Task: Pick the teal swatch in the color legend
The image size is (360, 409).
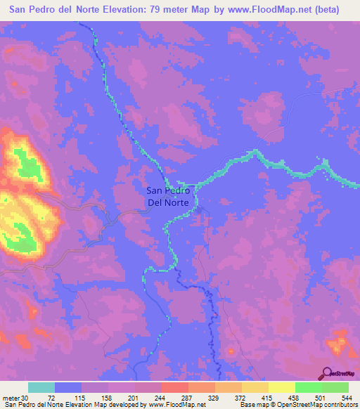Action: [x=41, y=387]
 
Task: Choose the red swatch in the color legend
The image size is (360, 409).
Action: [x=174, y=387]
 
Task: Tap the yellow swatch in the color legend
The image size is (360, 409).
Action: [x=281, y=387]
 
